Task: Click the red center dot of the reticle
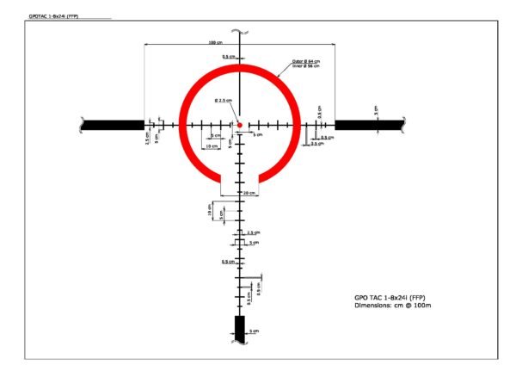240,125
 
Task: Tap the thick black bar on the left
112,125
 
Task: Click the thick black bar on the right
369,125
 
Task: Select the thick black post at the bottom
240,327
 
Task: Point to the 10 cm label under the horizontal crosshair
212,147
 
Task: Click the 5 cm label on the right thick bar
377,110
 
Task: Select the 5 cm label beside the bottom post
253,331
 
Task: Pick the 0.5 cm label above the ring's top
226,57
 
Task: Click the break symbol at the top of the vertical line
245,33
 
